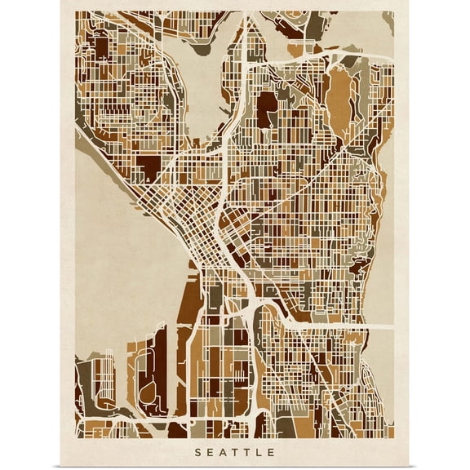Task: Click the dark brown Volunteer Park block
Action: point(267,110)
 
